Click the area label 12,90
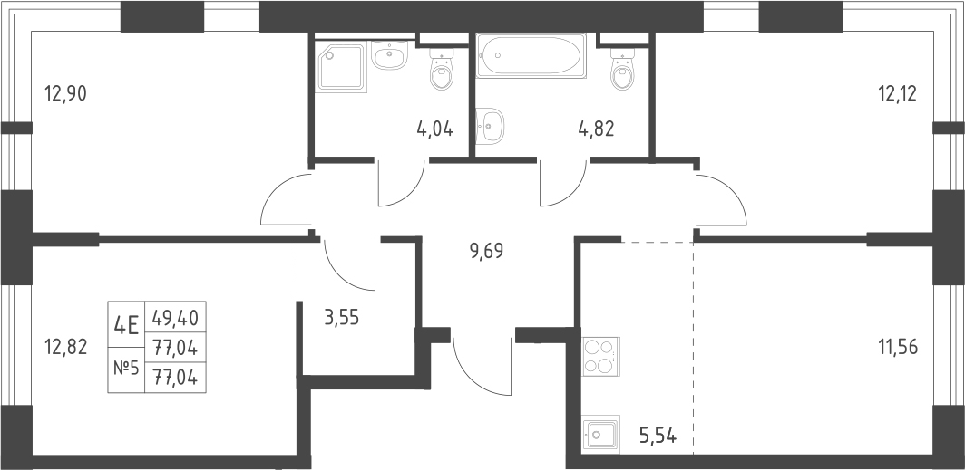pos(66,94)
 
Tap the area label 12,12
pos(897,94)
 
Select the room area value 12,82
pos(66,348)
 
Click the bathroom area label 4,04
pos(435,129)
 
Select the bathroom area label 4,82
pos(596,129)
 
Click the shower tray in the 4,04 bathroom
pos(342,67)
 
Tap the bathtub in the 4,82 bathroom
pos(531,57)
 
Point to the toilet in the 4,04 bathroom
pos(442,69)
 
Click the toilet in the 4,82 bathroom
pos(622,69)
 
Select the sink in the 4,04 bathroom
pos(389,56)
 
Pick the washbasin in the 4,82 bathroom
pos(490,127)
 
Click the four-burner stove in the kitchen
pos(600,356)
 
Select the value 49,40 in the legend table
pos(175,318)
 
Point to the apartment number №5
pos(125,369)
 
